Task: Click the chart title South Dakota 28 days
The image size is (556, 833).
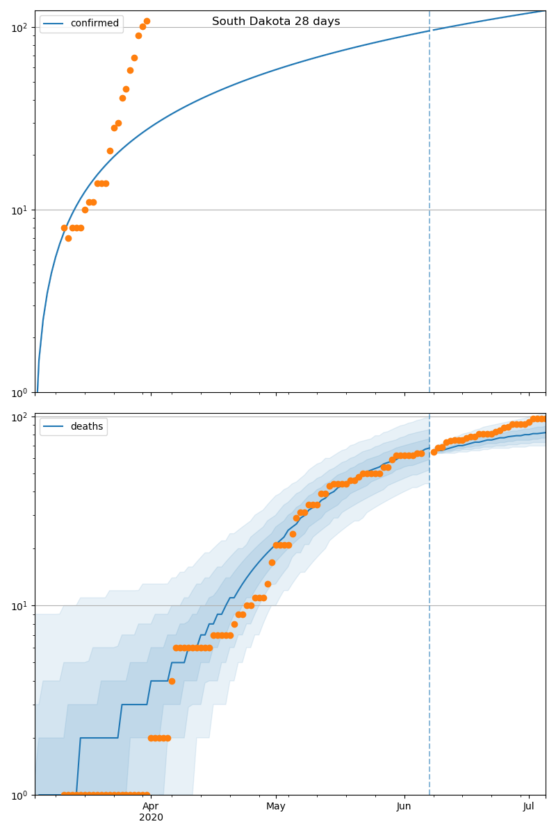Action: click(276, 22)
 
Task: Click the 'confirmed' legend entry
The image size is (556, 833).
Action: click(95, 24)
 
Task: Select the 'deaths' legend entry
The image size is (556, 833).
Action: click(86, 426)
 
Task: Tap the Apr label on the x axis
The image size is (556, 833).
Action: click(151, 806)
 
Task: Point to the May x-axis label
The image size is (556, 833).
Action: click(276, 806)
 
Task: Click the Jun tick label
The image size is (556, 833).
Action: click(404, 806)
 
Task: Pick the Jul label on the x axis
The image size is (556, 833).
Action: click(529, 806)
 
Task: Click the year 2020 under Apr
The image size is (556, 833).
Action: click(151, 818)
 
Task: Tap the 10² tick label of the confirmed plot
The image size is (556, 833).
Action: click(19, 28)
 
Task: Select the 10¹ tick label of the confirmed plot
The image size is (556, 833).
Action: click(19, 210)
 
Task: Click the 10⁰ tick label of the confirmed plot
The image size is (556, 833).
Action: click(19, 392)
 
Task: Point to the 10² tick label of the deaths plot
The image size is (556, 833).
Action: click(19, 416)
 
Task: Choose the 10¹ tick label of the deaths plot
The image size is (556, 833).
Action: click(19, 605)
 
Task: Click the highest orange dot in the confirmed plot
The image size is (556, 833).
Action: click(147, 21)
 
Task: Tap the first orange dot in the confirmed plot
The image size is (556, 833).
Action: click(64, 228)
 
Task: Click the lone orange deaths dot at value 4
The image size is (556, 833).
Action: click(172, 681)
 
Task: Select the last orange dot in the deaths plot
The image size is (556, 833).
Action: click(542, 419)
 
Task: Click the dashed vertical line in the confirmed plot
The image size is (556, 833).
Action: click(430, 208)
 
